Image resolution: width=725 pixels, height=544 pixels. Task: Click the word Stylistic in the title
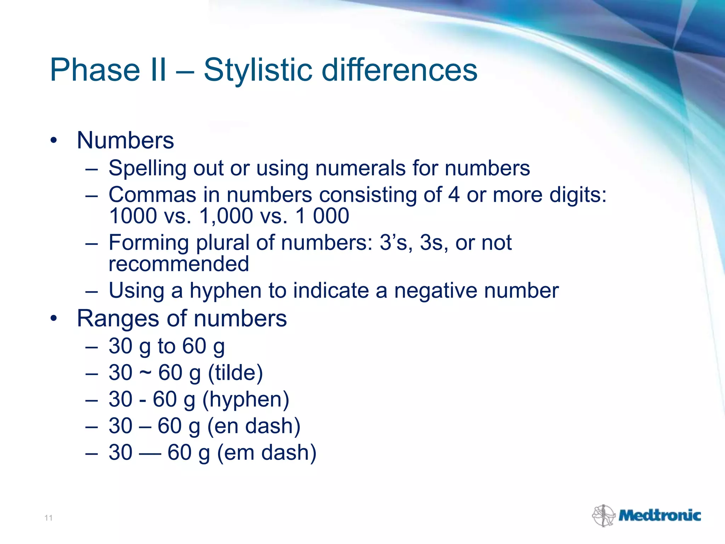click(258, 70)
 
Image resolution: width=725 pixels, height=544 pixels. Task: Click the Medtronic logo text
click(660, 515)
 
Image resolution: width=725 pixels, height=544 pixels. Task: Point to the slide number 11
click(48, 518)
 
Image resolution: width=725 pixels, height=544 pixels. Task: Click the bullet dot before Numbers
click(53, 141)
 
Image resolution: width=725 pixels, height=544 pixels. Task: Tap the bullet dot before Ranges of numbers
click(53, 318)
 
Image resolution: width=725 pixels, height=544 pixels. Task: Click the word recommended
click(179, 264)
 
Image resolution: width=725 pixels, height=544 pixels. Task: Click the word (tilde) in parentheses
click(235, 373)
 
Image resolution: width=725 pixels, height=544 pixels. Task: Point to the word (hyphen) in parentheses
click(246, 399)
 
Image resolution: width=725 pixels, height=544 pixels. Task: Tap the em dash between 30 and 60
click(150, 453)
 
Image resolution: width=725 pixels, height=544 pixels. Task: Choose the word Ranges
click(118, 318)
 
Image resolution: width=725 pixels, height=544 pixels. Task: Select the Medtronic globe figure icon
click(604, 515)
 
